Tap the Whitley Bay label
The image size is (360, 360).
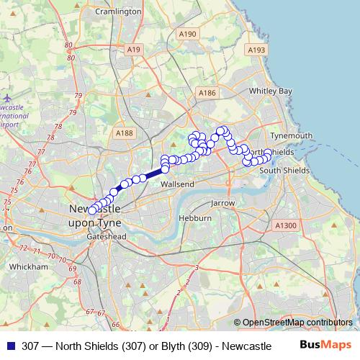pos(270,91)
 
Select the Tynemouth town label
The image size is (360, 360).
pos(291,135)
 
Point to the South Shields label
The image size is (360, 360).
pos(284,170)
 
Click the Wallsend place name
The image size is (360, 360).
pos(177,184)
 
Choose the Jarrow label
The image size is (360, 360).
pos(223,204)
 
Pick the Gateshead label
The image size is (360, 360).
pos(105,236)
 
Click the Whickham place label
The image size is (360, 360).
pos(28,266)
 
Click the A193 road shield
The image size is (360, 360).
pos(256,50)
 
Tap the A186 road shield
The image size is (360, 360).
pos(207,93)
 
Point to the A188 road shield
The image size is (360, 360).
pos(125,132)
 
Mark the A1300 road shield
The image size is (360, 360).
pos(286,225)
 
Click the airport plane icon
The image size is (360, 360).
pos(7,98)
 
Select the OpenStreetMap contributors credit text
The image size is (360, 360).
pos(297,323)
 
